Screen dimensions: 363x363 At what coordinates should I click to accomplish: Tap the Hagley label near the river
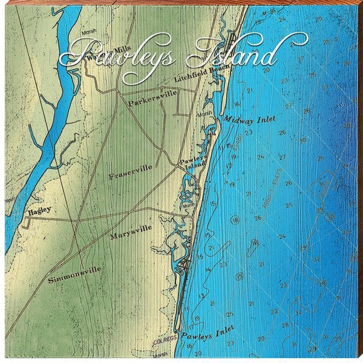pyautogui.click(x=39, y=211)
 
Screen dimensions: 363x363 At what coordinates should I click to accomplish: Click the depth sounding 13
pyautogui.click(x=202, y=296)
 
